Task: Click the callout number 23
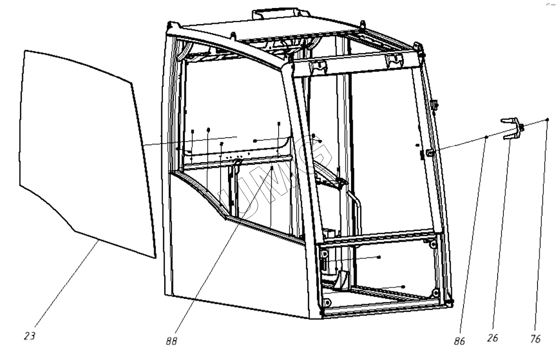point(30,335)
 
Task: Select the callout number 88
point(171,341)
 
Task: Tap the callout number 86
point(459,341)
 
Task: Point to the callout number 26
point(493,338)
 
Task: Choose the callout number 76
point(535,339)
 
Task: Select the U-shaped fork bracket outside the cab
point(512,128)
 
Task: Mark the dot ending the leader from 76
point(547,119)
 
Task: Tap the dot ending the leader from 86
point(487,137)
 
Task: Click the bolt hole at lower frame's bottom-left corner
point(327,303)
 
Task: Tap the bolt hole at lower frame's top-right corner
point(432,245)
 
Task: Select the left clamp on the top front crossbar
point(318,67)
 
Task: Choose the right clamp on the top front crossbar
point(394,60)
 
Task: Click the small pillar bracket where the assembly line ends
point(430,152)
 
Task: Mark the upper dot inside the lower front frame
point(379,257)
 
